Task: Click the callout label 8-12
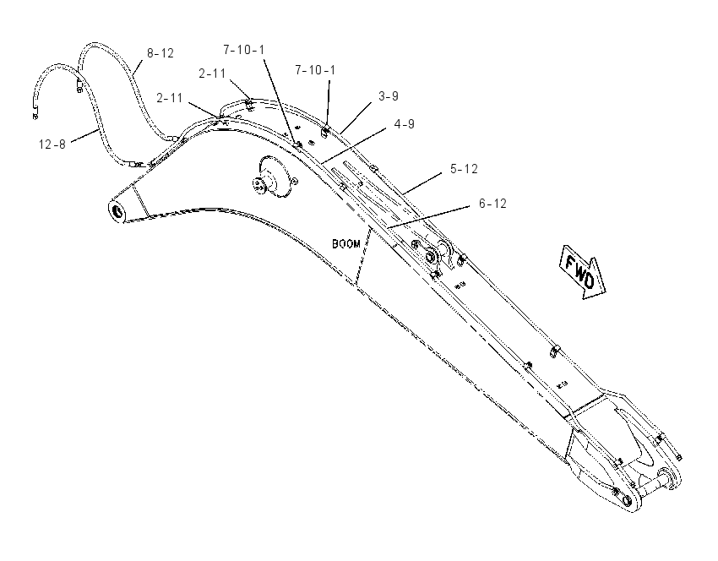(x=160, y=53)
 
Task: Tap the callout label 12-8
(x=52, y=144)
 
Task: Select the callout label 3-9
(x=389, y=96)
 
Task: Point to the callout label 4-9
(x=405, y=124)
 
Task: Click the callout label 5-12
(x=464, y=169)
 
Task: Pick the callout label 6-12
(x=492, y=204)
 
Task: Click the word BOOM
(x=346, y=244)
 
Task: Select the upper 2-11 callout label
(x=212, y=74)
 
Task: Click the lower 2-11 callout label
(x=170, y=98)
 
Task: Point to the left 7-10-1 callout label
(x=243, y=50)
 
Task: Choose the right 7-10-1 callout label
(x=315, y=70)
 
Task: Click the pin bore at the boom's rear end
(x=117, y=212)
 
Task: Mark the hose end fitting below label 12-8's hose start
(x=35, y=116)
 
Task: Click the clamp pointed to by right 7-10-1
(x=325, y=132)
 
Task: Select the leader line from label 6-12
(x=427, y=216)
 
